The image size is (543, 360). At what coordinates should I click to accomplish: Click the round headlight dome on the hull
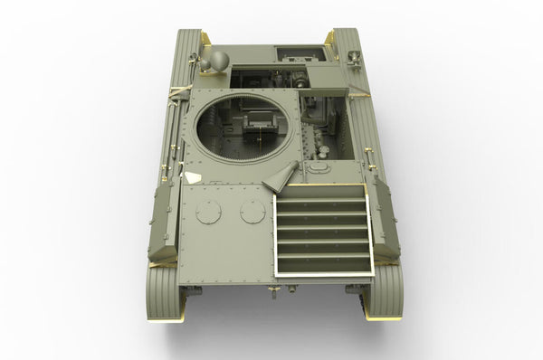pyautogui.click(x=217, y=61)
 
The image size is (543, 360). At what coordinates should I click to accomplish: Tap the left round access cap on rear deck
pyautogui.click(x=209, y=213)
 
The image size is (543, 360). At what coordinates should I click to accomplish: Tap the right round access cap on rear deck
pyautogui.click(x=252, y=212)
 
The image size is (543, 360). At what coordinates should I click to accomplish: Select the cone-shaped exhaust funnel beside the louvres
pyautogui.click(x=282, y=177)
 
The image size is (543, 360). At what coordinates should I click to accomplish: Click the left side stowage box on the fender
pyautogui.click(x=164, y=221)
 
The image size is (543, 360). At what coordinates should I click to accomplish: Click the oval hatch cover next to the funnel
pyautogui.click(x=318, y=166)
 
